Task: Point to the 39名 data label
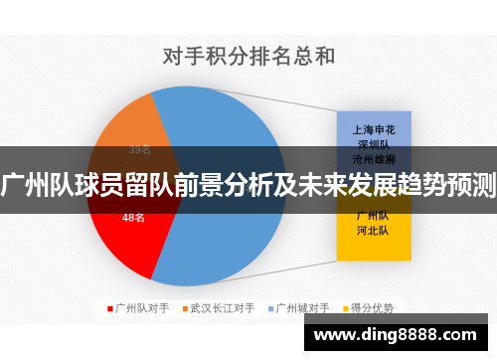pos(140,150)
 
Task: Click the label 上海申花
pos(372,128)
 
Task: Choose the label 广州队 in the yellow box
pos(372,214)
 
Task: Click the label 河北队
pos(372,229)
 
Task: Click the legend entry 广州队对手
pos(139,307)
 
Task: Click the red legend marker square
pos(110,307)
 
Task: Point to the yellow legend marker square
pos(347,307)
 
